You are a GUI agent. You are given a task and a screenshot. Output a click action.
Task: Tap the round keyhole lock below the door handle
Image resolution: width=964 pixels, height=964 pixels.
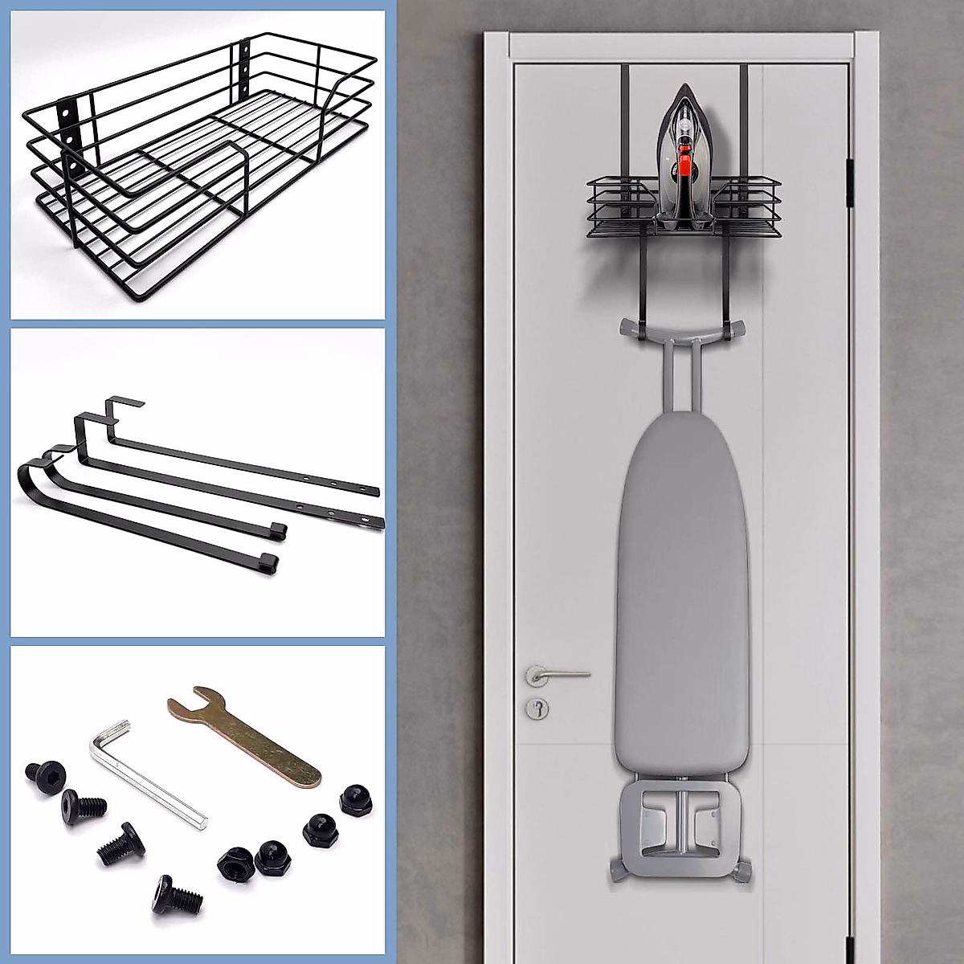[x=536, y=707]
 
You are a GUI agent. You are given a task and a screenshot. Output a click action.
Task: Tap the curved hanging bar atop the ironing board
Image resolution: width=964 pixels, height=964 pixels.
[x=680, y=329]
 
